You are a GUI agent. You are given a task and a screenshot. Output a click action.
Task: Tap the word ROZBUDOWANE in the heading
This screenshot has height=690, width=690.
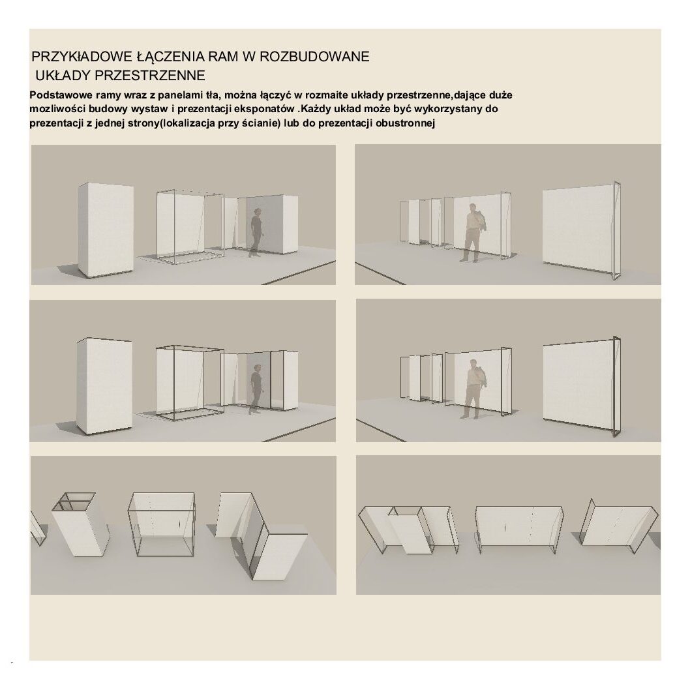(314, 57)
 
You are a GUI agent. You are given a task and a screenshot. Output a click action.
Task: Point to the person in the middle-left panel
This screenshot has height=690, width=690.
(256, 389)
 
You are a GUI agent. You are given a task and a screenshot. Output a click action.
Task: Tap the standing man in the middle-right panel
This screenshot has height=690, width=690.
(473, 389)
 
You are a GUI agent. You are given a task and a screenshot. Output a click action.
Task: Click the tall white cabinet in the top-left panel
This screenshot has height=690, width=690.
(106, 231)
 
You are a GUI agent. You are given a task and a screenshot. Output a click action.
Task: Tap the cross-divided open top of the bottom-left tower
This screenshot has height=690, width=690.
(74, 502)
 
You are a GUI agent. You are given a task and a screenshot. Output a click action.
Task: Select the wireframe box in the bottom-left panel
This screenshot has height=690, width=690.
(162, 524)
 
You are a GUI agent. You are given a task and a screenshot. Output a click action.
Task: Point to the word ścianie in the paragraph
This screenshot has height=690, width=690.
(260, 124)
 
